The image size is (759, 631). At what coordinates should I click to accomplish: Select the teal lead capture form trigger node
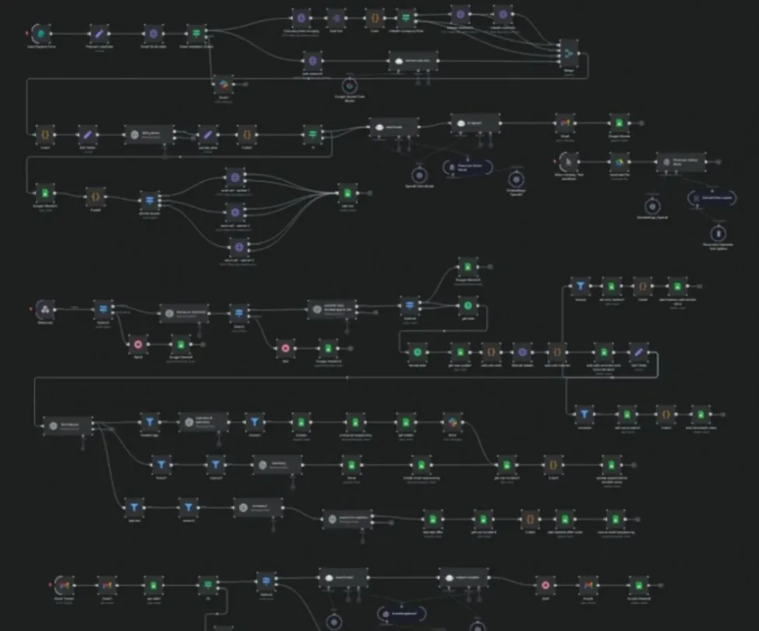pos(41,33)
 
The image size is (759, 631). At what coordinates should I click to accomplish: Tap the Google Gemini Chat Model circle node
pos(349,84)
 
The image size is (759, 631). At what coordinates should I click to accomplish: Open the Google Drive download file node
pos(618,161)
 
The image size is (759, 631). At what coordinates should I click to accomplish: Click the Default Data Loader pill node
pos(706,199)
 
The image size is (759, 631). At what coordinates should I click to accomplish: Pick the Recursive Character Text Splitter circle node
pos(719,233)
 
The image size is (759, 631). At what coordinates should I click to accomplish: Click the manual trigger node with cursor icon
pos(570,161)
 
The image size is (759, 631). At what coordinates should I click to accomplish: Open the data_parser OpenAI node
pos(148,133)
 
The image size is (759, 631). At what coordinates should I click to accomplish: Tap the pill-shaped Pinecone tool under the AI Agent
pos(466,167)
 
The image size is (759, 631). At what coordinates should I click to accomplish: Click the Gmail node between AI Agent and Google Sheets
pos(564,122)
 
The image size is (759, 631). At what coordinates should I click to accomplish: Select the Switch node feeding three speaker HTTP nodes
pos(150,199)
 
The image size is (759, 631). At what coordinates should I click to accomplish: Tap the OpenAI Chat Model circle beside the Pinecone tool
pos(418,175)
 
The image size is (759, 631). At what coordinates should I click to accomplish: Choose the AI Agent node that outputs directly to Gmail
pos(476,123)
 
